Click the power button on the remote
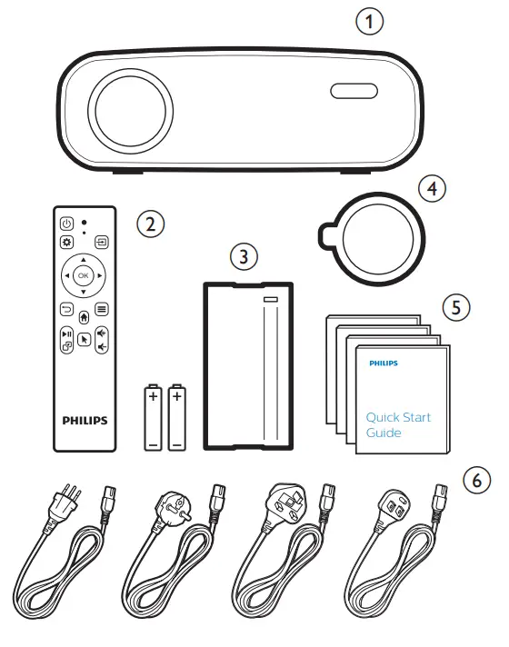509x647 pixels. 66,224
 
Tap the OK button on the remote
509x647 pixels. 83,274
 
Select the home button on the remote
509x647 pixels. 84,318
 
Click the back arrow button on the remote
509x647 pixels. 66,309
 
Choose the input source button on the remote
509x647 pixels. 100,243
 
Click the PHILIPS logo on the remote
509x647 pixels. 84,421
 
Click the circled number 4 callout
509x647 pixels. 433,188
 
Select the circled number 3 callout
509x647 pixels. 240,257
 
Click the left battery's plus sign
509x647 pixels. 152,397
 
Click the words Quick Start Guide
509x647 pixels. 398,425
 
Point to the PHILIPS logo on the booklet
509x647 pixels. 383,363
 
